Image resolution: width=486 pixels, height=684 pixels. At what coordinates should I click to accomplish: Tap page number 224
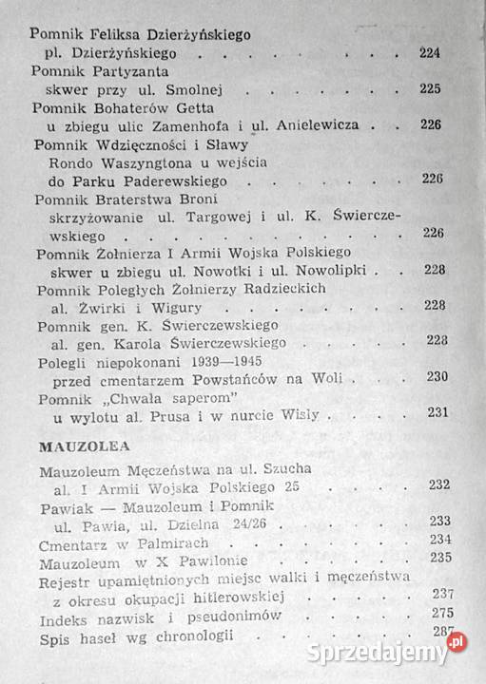click(x=430, y=53)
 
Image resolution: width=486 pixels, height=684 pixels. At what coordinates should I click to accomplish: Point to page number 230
click(x=437, y=376)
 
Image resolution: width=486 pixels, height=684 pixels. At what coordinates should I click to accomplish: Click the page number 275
click(x=439, y=613)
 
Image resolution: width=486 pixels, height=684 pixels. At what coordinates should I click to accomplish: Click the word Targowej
click(x=232, y=217)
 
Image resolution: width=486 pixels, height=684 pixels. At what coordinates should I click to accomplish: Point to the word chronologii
click(x=191, y=635)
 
